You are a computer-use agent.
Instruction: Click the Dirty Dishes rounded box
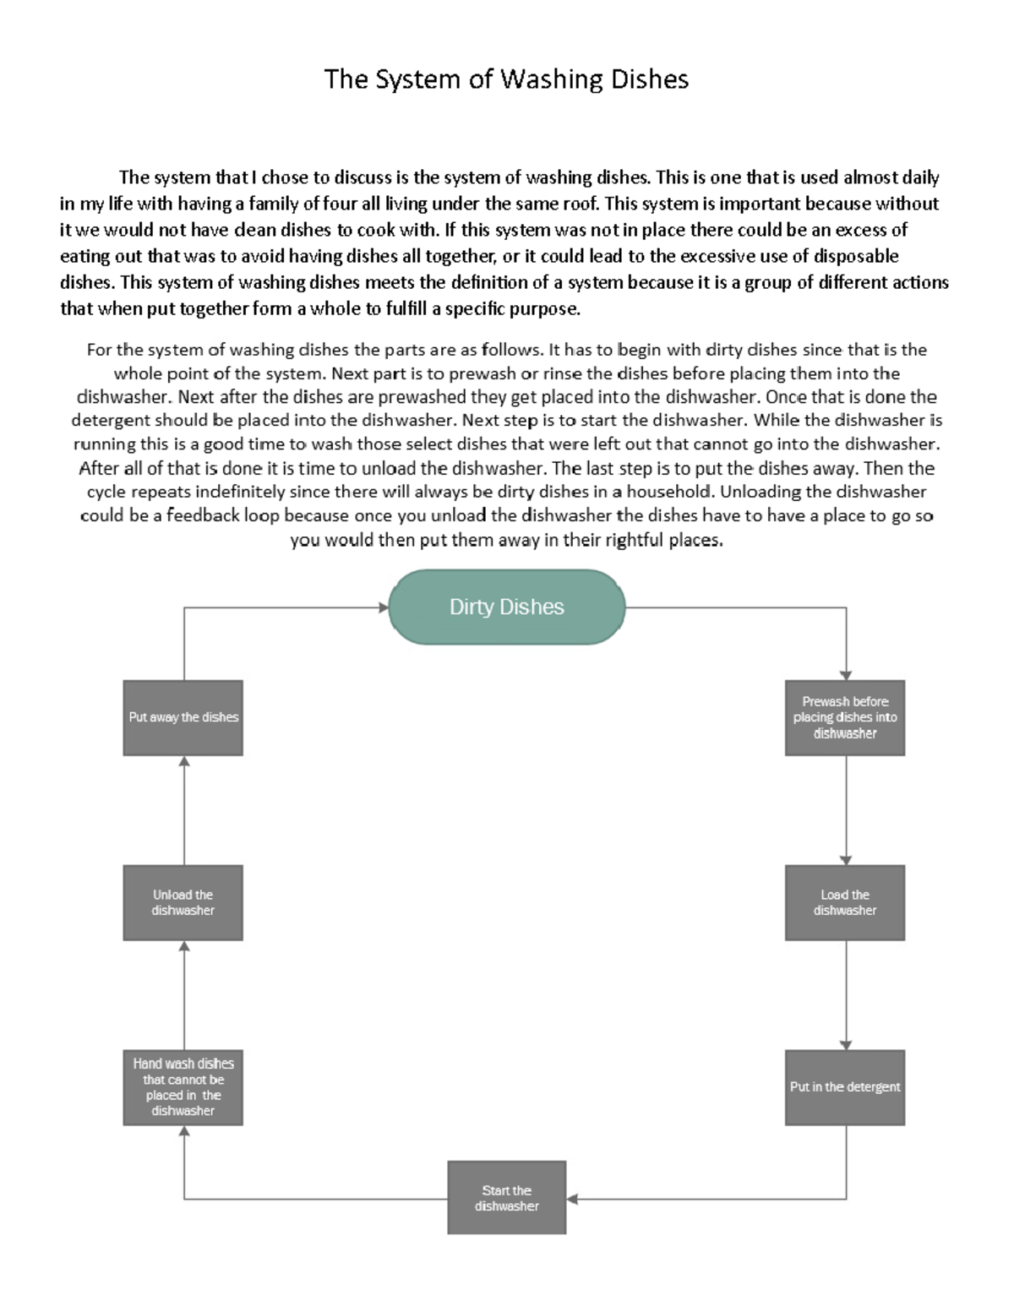tap(506, 607)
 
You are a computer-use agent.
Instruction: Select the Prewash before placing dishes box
tap(845, 717)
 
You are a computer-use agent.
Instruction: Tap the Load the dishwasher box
tap(845, 902)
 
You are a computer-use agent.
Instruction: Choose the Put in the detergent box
tap(845, 1087)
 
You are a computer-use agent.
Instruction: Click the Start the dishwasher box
tap(506, 1198)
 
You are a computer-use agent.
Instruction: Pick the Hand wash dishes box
tap(183, 1087)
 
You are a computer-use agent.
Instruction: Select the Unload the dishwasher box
tap(183, 902)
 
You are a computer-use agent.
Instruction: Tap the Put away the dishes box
tap(183, 717)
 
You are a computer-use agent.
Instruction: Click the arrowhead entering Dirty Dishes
tap(383, 607)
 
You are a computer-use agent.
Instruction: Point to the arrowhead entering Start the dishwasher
tap(572, 1199)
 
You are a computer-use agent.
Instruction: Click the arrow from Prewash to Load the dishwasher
tap(846, 809)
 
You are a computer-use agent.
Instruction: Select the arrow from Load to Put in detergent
tap(846, 994)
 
